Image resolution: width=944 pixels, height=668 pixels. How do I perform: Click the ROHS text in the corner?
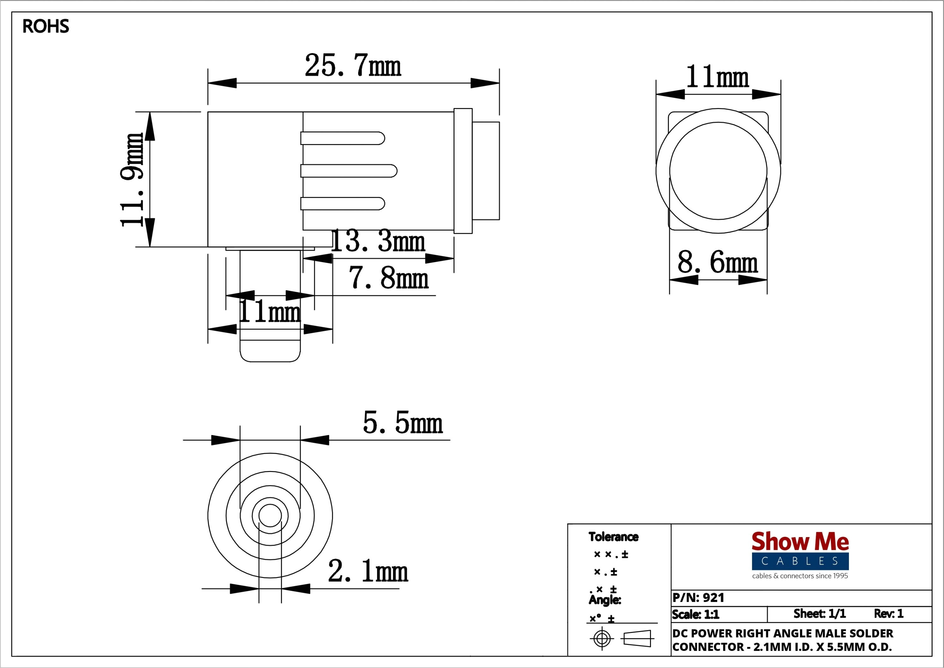[x=46, y=26]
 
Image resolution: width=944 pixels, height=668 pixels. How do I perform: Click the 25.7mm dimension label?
[x=352, y=65]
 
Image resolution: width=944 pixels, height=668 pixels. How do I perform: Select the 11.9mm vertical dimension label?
[x=132, y=180]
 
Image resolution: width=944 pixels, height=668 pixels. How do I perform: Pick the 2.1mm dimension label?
[x=368, y=571]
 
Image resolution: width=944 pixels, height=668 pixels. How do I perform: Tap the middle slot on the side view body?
[x=349, y=171]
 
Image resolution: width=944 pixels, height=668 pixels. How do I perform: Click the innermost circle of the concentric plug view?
[x=270, y=515]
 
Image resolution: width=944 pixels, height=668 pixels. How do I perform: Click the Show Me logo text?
[x=800, y=541]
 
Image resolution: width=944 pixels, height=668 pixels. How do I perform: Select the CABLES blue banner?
[x=800, y=561]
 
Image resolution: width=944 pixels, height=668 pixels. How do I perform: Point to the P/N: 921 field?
[x=699, y=598]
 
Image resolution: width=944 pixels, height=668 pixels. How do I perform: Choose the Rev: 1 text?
[x=888, y=614]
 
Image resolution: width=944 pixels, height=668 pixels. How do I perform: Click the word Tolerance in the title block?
[x=613, y=537]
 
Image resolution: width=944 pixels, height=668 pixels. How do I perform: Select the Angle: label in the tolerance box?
[x=604, y=600]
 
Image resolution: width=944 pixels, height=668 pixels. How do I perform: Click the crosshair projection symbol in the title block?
[x=602, y=638]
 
